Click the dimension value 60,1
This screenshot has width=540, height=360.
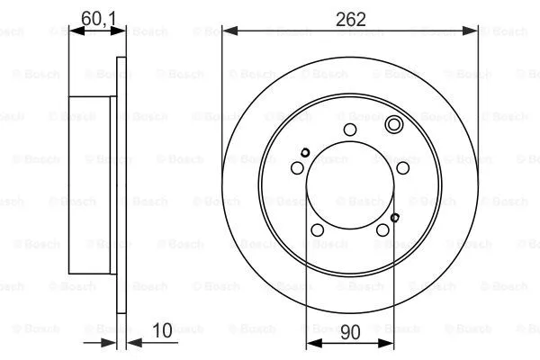pyautogui.click(x=98, y=19)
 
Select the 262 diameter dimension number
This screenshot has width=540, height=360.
pyautogui.click(x=351, y=19)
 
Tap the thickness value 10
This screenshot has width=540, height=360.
pyautogui.click(x=162, y=330)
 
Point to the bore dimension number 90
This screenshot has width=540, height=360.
pyautogui.click(x=350, y=332)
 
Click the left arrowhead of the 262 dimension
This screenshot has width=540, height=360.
pyautogui.click(x=230, y=31)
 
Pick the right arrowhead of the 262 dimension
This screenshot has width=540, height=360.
pyautogui.click(x=471, y=31)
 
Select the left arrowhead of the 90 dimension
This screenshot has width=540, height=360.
pyautogui.click(x=314, y=343)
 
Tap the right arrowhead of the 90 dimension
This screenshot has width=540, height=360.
pyautogui.click(x=386, y=343)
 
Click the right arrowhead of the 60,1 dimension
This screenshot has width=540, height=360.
pyautogui.click(x=118, y=31)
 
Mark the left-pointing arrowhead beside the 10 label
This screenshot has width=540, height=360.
pyautogui.click(x=135, y=342)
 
